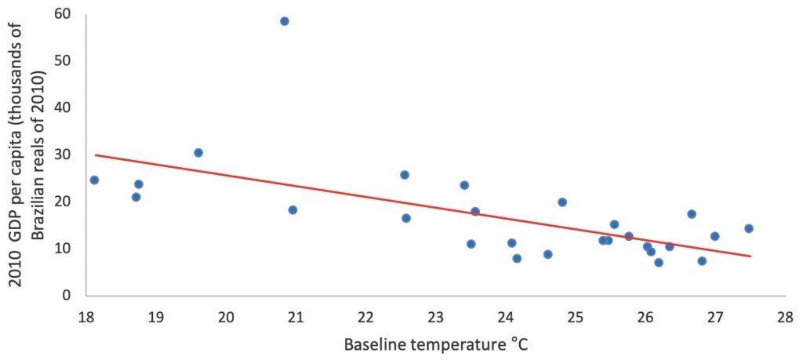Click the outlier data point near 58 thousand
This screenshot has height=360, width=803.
coord(285,21)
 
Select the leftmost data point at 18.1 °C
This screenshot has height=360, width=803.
coord(94,180)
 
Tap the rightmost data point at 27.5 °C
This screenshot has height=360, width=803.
coord(749,228)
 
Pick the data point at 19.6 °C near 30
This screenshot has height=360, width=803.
coord(198,153)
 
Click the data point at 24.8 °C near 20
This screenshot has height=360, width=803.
coord(562,202)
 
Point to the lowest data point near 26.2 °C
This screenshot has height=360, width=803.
coord(659,263)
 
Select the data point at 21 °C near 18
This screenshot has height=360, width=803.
coord(292,210)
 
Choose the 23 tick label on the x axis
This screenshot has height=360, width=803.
coord(435,318)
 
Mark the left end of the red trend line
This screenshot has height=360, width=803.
coord(95,155)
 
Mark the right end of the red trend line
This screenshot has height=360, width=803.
coord(750,256)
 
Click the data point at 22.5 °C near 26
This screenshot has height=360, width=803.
coord(405,175)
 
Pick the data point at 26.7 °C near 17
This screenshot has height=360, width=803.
coord(692,214)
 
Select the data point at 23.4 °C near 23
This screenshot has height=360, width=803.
coord(464,185)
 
